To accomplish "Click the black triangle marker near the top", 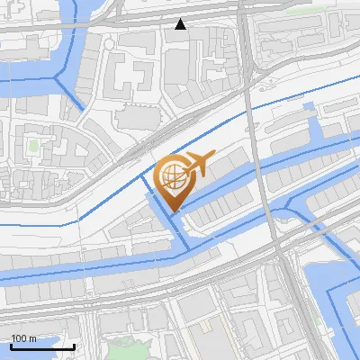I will [x=181, y=24].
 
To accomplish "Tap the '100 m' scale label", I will [x=23, y=338].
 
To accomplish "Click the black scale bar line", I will [x=42, y=346].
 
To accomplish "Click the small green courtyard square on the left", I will [x=34, y=144].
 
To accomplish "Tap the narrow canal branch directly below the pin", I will [x=180, y=234].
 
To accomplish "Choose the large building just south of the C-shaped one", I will [x=135, y=117].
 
